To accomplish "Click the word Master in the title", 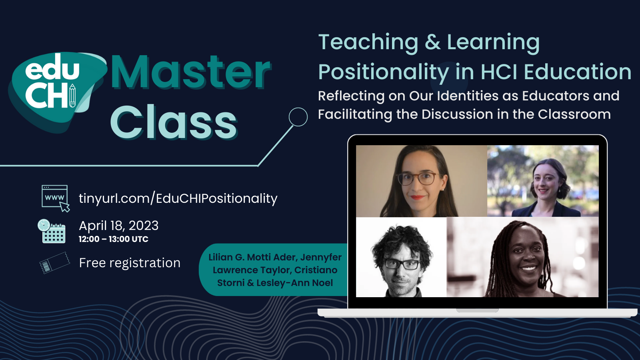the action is coord(191,72).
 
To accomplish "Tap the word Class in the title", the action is coord(174,122).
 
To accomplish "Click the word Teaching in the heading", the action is coord(368,42).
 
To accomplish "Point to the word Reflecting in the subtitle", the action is coord(351,96).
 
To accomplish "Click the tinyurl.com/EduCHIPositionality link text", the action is coord(178,198).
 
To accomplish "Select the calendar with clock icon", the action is coord(52,231).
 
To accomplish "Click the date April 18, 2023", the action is coord(118,226).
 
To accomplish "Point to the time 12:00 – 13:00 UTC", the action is coord(114,239).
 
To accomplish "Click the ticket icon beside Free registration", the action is coord(54,263).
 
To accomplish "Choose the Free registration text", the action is coord(130,263).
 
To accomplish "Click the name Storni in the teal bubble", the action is coord(231,283).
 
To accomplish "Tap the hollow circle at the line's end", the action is coord(298,117).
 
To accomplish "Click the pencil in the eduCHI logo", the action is coord(72,96).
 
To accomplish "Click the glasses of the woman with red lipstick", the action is coord(419,178).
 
